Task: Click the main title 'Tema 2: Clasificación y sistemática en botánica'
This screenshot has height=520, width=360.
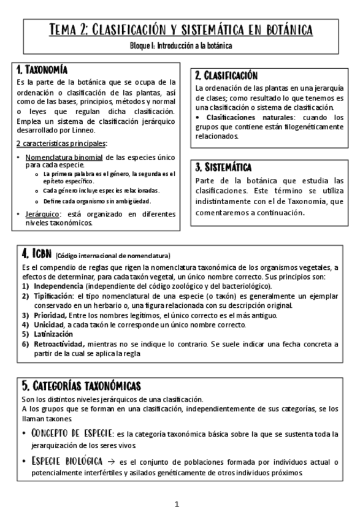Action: tap(180, 30)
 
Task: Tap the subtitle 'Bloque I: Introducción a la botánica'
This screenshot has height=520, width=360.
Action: tap(180, 45)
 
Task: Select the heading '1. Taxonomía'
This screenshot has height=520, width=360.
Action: tap(42, 70)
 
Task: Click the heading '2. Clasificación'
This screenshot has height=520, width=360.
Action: tap(226, 75)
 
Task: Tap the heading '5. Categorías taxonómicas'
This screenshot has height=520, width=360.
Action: tap(81, 386)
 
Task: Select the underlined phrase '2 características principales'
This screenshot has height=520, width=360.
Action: tap(61, 143)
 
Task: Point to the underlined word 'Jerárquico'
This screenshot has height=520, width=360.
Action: tap(42, 214)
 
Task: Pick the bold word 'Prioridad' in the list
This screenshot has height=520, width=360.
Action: tap(50, 315)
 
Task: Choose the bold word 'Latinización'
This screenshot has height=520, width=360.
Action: tap(53, 334)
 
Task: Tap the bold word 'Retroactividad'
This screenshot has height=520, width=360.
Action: tap(59, 344)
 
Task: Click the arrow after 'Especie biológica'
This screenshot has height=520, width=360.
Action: tap(111, 461)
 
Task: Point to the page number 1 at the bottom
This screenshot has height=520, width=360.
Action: tap(177, 505)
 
